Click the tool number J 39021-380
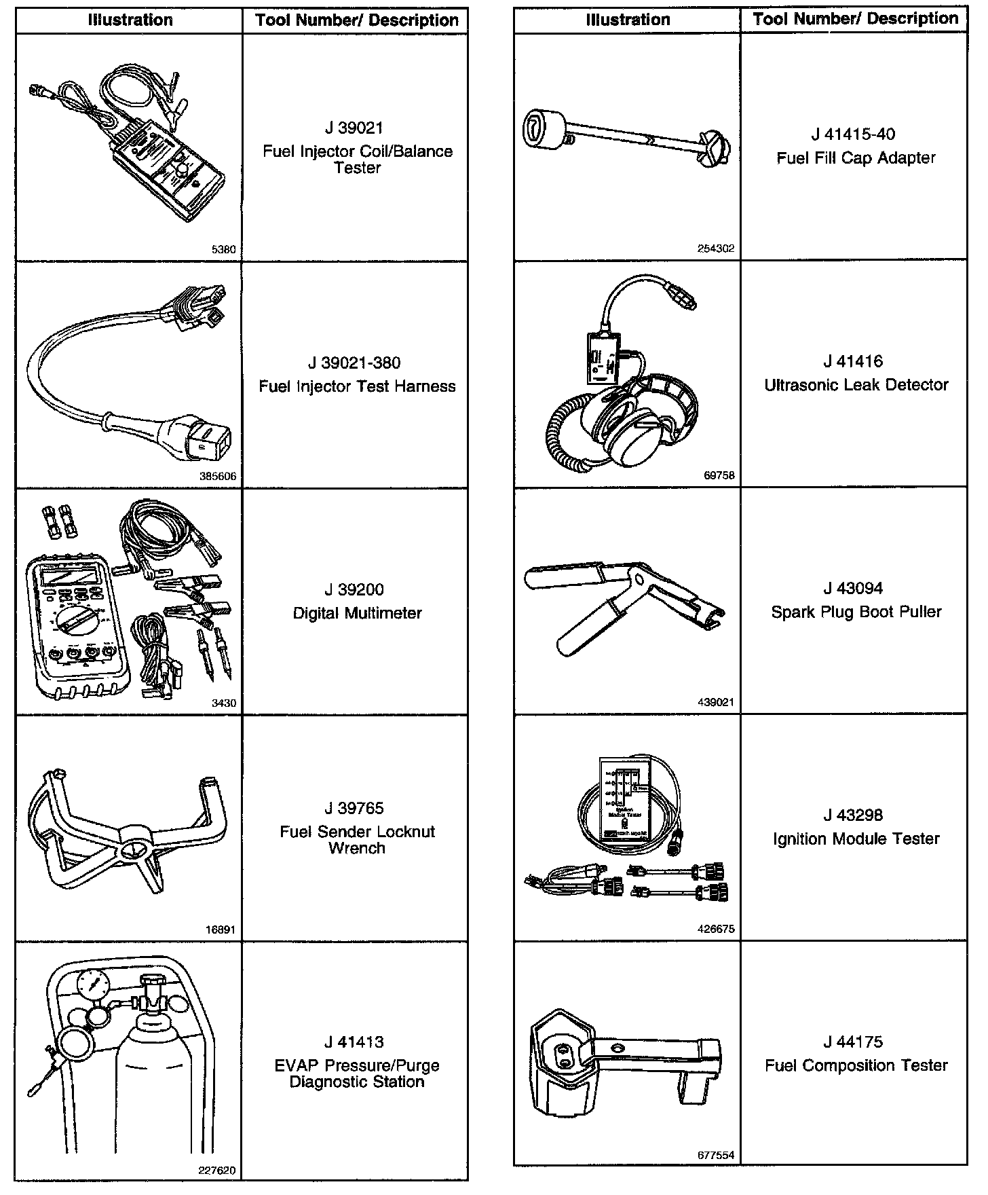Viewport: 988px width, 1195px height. (x=357, y=363)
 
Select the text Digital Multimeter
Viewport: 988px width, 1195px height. (x=357, y=613)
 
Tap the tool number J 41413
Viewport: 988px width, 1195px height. (x=357, y=1042)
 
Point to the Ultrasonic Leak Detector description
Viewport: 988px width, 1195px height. (x=856, y=385)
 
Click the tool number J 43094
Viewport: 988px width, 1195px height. (x=856, y=589)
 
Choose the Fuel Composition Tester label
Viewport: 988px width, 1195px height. (x=856, y=1065)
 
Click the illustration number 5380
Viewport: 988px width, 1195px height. (x=224, y=250)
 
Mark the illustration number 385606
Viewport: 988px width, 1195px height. (x=218, y=477)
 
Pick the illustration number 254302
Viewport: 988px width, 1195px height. (x=716, y=249)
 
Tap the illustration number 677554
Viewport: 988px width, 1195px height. (x=716, y=1155)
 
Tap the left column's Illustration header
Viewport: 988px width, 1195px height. (x=130, y=20)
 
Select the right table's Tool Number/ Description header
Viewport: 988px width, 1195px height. (x=855, y=19)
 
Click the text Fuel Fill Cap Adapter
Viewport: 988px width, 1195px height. (x=856, y=158)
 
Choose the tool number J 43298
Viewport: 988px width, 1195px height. (x=856, y=815)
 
